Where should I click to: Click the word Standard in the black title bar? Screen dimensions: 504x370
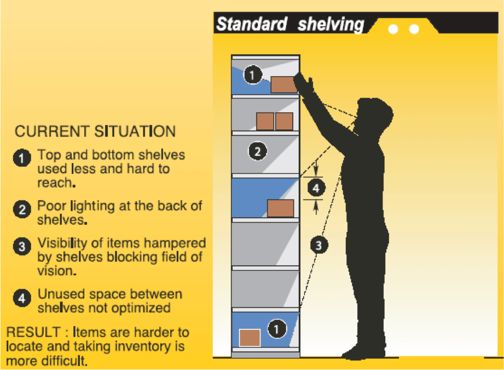coord(251,24)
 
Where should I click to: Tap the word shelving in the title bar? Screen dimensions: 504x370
coord(331,25)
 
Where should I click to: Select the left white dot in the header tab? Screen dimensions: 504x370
coord(393,29)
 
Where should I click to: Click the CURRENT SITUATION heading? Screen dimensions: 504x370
coord(95,132)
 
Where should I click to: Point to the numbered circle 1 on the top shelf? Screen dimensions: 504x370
coord(253,75)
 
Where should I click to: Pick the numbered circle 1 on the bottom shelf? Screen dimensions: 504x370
coord(277,329)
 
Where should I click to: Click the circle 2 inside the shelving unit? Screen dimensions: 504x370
coord(257,151)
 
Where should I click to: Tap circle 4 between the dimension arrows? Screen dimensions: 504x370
coord(316,188)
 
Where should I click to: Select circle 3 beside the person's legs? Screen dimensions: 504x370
coord(319,245)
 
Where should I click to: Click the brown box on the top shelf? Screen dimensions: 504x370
coord(283,85)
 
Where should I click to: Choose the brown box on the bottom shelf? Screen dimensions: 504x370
coord(250,338)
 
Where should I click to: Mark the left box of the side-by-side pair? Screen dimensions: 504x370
coord(265,121)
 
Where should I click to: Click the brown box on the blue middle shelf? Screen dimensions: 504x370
coord(280,208)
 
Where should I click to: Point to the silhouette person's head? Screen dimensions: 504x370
coord(374,115)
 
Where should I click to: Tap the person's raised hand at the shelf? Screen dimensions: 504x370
coord(303,83)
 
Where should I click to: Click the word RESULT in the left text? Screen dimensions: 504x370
coord(33,332)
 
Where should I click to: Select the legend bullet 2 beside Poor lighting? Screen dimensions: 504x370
coord(22,209)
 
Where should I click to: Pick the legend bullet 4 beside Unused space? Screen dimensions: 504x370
coord(22,298)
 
